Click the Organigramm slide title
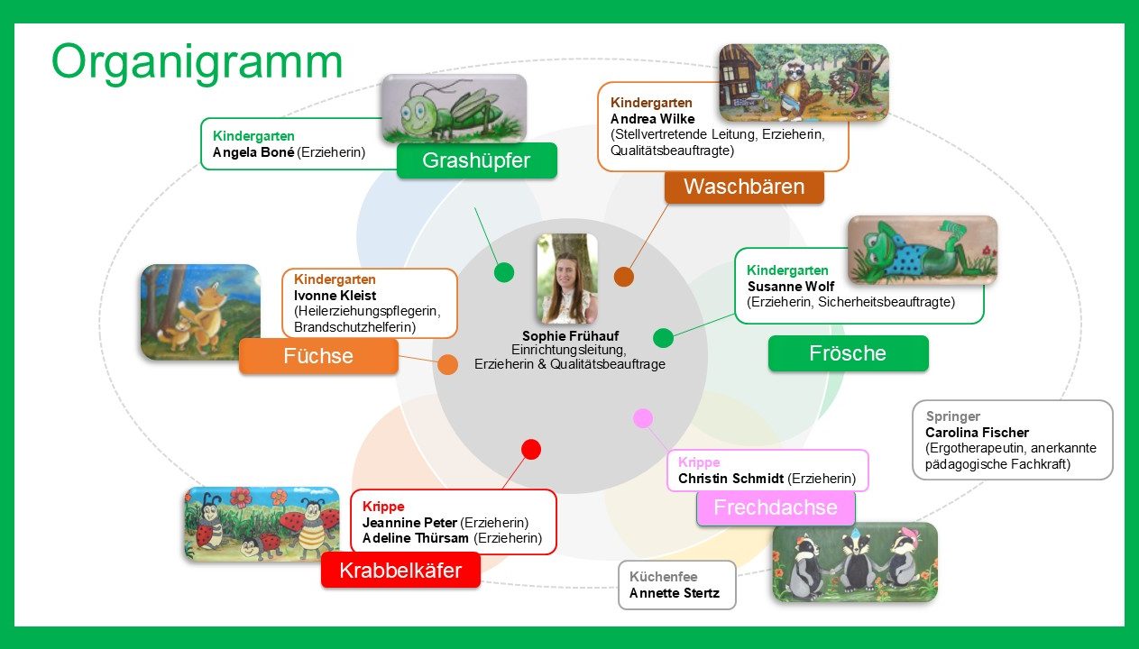197,62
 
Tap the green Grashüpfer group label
476,160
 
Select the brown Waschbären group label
744,187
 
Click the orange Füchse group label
318,356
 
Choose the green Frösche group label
848,353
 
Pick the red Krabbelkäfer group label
400,571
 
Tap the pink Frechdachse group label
776,507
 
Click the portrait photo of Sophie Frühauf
567,279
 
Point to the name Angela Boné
253,152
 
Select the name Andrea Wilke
652,119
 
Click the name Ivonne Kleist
335,296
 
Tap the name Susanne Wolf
791,286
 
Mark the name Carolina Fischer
977,433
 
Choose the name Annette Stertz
675,593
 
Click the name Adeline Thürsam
416,538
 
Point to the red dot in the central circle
531,449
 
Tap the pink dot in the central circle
643,418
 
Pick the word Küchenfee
663,577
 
